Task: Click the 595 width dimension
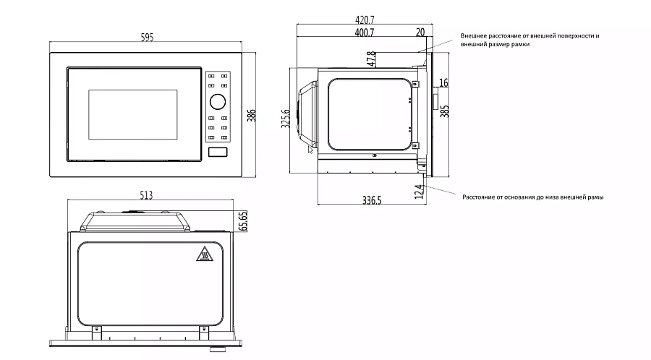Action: click(x=147, y=38)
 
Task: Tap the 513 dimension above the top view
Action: click(x=147, y=194)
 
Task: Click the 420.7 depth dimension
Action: click(x=365, y=20)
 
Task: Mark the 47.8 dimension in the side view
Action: click(x=371, y=59)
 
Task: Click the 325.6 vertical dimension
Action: click(x=286, y=119)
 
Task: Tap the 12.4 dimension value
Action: click(x=419, y=192)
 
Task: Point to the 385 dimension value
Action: click(x=445, y=111)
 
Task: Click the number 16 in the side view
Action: click(x=443, y=83)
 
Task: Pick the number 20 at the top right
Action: click(x=420, y=33)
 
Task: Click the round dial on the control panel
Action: click(x=218, y=100)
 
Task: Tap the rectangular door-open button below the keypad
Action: click(x=218, y=152)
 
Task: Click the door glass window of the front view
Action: click(x=132, y=115)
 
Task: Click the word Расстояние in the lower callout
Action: click(x=480, y=197)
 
